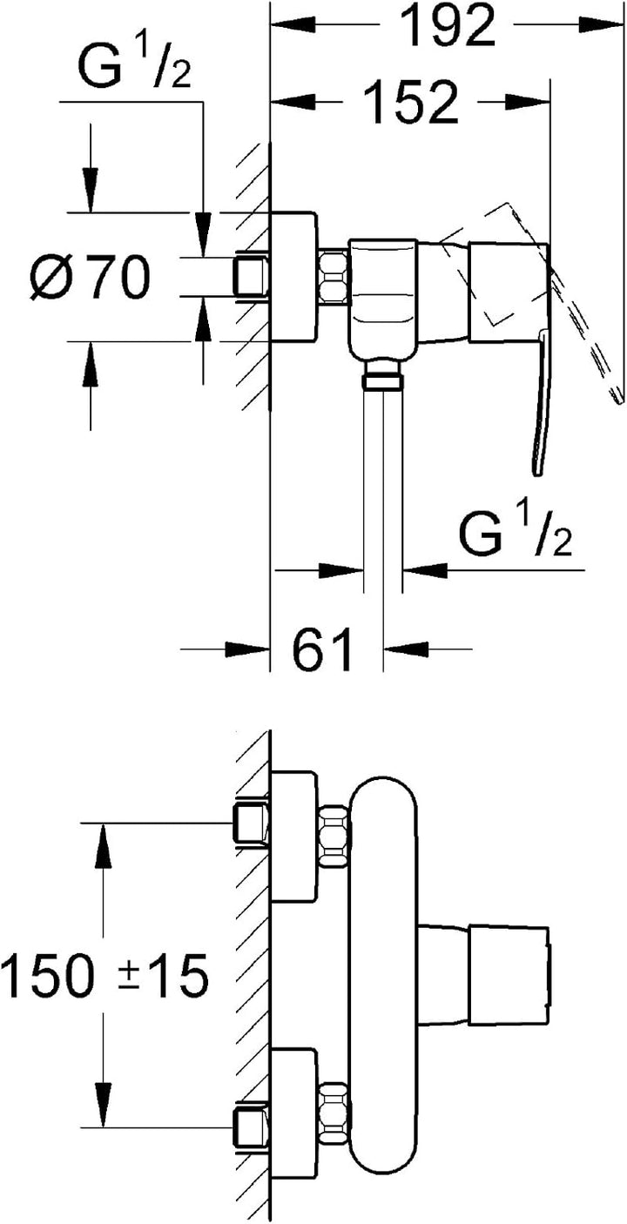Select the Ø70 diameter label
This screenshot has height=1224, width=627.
pyautogui.click(x=90, y=277)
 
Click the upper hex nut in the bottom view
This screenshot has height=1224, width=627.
pyautogui.click(x=334, y=836)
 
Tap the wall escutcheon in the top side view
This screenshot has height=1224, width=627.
pyautogui.click(x=293, y=277)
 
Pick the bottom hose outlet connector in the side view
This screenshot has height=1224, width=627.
pyautogui.click(x=383, y=375)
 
